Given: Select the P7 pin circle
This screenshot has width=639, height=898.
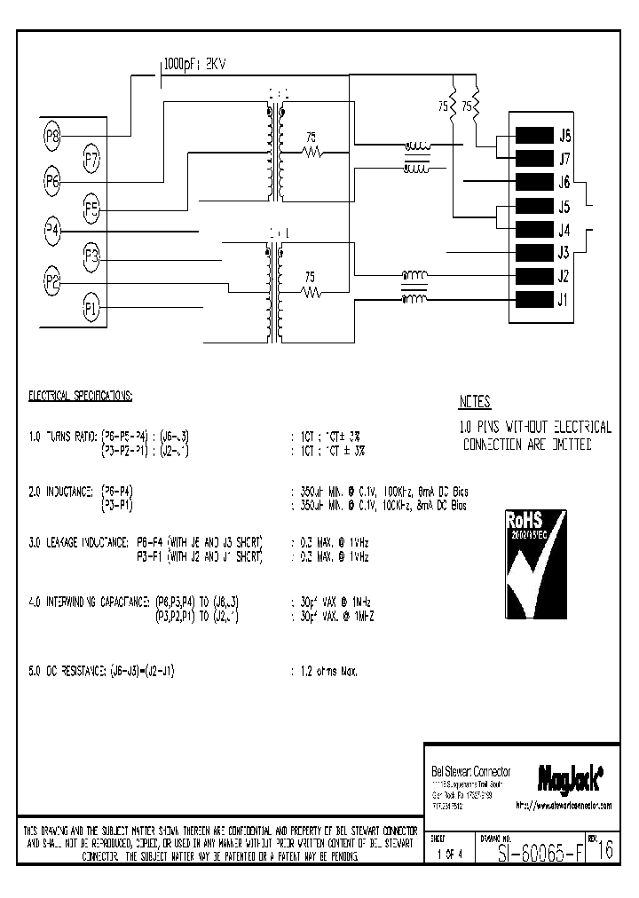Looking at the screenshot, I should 91,160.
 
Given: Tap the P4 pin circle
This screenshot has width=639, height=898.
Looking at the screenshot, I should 52,231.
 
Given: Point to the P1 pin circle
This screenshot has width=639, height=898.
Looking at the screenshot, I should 91,308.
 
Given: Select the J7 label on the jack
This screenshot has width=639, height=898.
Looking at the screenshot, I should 564,160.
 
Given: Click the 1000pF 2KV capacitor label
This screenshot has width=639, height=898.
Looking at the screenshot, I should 194,65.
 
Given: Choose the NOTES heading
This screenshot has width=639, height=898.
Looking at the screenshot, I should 475,402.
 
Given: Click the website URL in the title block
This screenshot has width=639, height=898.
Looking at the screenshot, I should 564,806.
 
